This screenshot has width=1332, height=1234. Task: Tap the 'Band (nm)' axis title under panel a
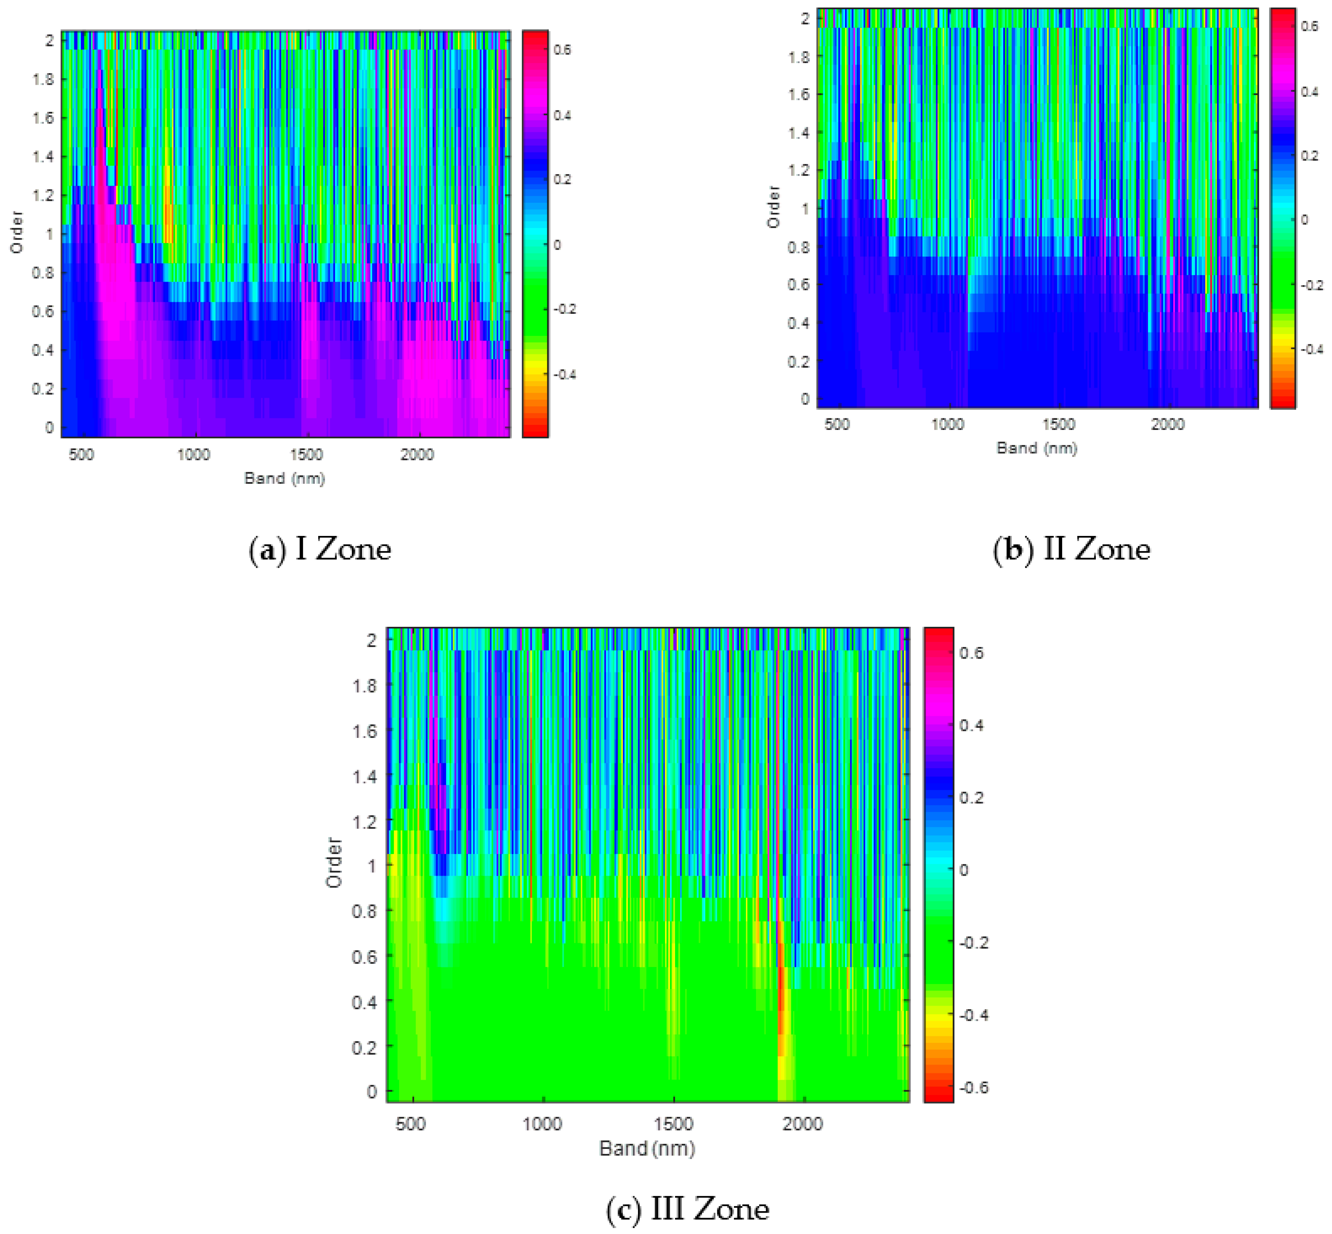coord(285,478)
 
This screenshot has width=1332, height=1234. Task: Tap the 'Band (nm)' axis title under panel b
coord(1037,448)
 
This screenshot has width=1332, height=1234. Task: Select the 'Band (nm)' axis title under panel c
coord(646,1148)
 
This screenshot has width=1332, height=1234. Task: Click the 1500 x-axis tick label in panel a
coord(306,455)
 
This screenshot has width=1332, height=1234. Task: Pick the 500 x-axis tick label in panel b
coord(837,425)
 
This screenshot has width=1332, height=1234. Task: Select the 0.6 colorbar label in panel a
coord(562,50)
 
